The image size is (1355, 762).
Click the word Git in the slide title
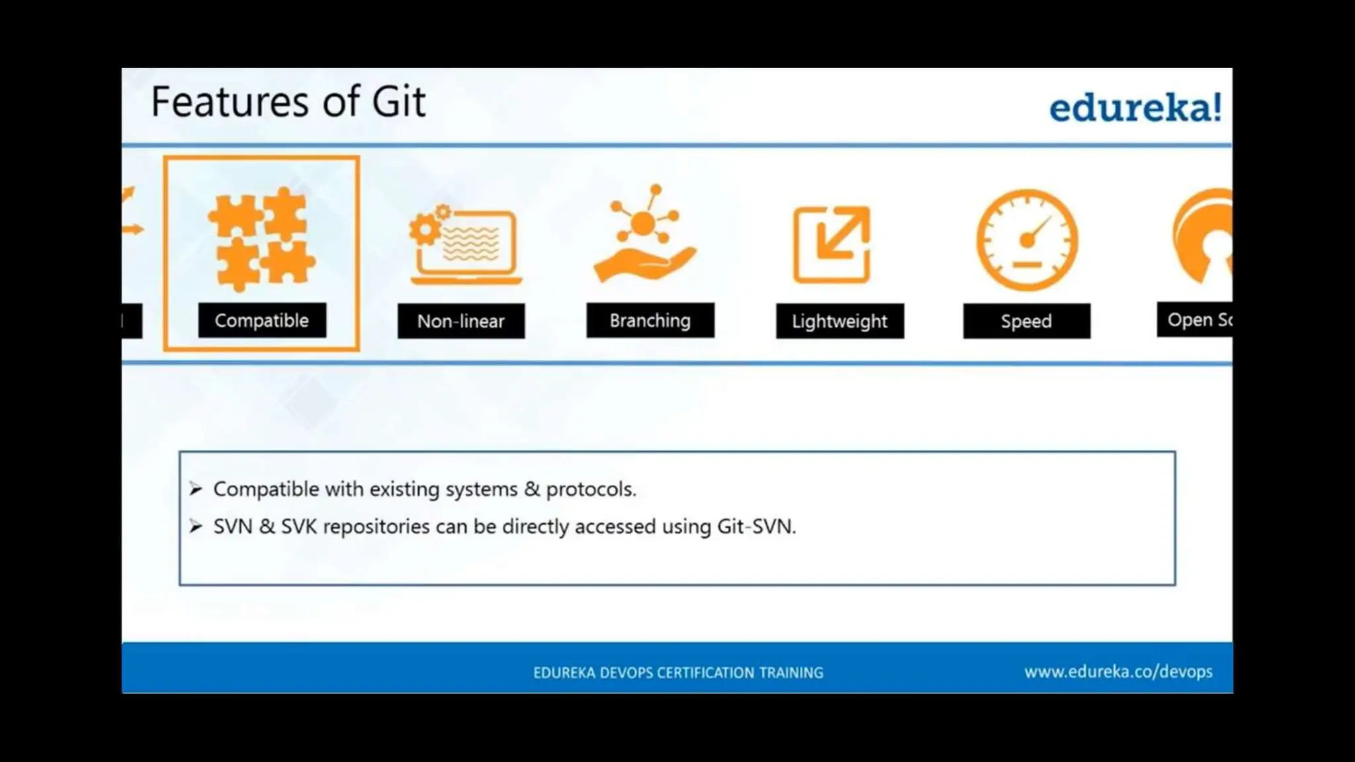(398, 103)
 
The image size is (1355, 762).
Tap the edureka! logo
(1135, 108)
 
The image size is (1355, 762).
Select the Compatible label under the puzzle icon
(262, 321)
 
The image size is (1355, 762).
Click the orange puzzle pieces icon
(261, 239)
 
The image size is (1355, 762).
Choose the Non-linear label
(460, 321)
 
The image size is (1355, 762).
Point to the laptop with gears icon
(464, 245)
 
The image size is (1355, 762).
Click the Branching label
(650, 321)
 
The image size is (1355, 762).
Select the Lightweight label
(840, 321)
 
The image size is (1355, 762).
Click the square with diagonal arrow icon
(832, 244)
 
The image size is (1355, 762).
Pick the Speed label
(1026, 321)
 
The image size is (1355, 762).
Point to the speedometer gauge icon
(1027, 240)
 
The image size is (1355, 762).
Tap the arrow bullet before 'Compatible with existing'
(196, 489)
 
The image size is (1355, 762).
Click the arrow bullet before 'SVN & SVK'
(196, 527)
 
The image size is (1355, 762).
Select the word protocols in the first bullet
(590, 489)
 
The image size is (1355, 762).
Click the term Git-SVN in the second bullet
(755, 527)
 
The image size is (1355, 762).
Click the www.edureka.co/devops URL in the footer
(1118, 672)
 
